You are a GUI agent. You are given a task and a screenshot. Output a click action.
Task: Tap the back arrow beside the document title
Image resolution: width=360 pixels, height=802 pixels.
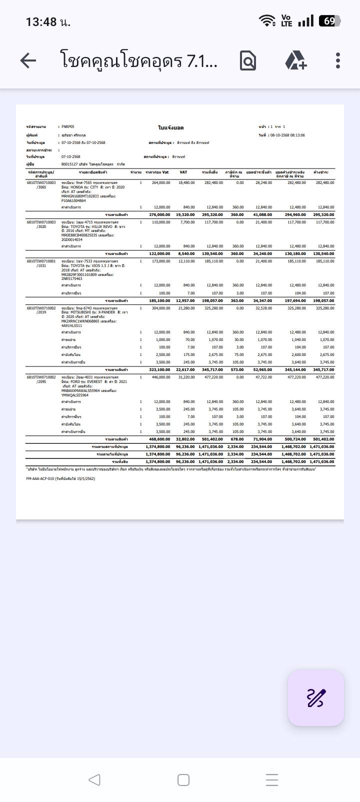28,61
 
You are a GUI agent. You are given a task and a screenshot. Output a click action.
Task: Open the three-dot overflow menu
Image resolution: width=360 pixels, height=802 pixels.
338,61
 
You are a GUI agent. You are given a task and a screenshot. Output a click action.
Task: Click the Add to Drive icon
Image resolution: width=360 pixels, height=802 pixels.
295,61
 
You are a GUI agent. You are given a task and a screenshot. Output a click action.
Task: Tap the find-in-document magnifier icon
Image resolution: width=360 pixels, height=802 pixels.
248,61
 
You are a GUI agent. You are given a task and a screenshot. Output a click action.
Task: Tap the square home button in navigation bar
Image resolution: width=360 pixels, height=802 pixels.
183,780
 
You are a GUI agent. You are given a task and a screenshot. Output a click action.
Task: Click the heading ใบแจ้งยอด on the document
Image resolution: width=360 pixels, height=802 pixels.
170,128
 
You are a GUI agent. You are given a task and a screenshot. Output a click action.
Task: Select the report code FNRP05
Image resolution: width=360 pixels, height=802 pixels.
68,127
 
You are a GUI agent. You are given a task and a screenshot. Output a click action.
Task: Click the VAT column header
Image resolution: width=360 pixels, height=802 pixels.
183,172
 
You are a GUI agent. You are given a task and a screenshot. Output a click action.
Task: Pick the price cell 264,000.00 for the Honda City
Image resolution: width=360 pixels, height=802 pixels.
161,183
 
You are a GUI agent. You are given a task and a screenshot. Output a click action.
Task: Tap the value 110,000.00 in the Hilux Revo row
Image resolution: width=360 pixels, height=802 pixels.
161,222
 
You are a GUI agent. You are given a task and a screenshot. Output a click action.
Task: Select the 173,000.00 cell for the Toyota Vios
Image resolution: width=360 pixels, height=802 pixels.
161,261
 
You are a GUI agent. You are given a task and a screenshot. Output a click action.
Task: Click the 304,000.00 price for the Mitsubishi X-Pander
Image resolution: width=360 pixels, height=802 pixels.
161,308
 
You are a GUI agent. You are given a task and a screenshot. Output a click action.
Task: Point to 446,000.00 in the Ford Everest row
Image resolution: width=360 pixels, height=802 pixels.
161,377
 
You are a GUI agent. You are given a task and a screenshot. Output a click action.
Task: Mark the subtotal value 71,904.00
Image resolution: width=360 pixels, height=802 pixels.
262,439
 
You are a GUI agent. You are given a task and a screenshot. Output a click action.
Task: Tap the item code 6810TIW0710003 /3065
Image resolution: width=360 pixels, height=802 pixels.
41,185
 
